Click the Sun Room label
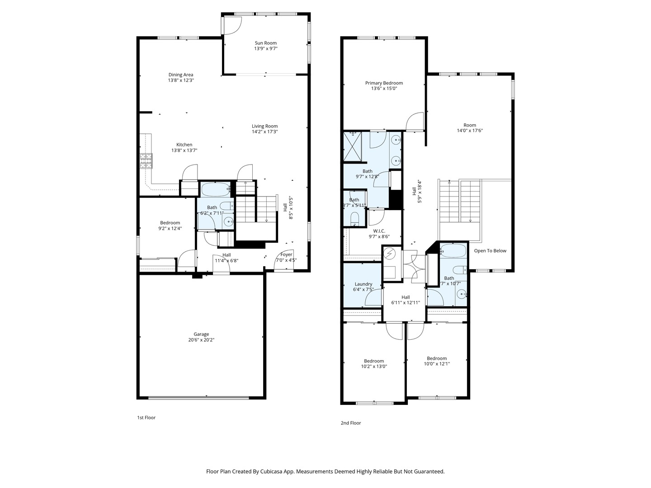(x=265, y=43)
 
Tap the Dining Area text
(x=181, y=75)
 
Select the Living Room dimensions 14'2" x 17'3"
(x=264, y=132)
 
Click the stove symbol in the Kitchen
(x=146, y=160)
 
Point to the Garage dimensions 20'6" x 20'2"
(x=201, y=340)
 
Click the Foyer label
(x=286, y=254)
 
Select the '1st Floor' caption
(x=146, y=418)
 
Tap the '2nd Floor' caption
(x=350, y=423)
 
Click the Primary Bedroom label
(x=384, y=83)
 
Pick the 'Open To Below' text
(x=490, y=251)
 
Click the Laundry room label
(x=363, y=284)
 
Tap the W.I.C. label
(x=379, y=231)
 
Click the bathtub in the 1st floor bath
(x=216, y=189)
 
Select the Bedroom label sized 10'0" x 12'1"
(x=437, y=358)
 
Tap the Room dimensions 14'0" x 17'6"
(x=470, y=131)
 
